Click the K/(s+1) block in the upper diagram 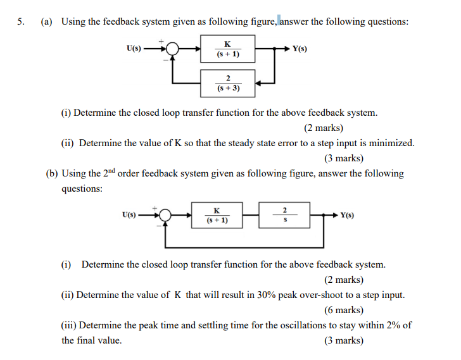pyautogui.click(x=227, y=49)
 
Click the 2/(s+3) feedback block pyautogui.click(x=227, y=83)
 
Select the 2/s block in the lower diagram pyautogui.click(x=284, y=215)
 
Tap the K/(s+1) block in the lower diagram pyautogui.click(x=217, y=215)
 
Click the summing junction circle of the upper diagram pyautogui.click(x=174, y=49)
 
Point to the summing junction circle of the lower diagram pyautogui.click(x=166, y=215)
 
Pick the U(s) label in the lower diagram pyautogui.click(x=129, y=215)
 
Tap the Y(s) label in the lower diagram pyautogui.click(x=347, y=215)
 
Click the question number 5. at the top pyautogui.click(x=21, y=22)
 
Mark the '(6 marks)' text pyautogui.click(x=344, y=310)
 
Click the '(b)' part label pyautogui.click(x=53, y=173)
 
